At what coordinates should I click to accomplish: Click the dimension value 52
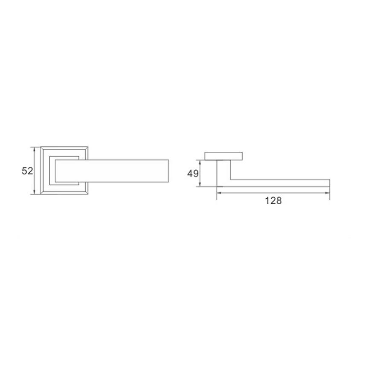(27, 171)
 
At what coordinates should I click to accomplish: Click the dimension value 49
(193, 174)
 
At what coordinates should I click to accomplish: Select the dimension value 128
(273, 201)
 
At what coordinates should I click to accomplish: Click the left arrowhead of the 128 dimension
(219, 193)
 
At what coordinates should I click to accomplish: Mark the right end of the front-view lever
(168, 171)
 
